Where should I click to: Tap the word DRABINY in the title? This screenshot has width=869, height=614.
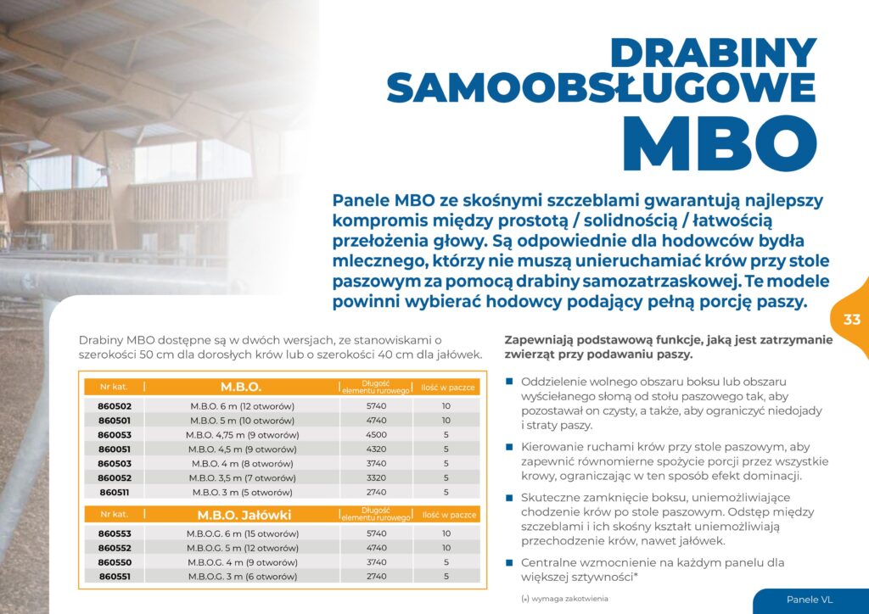pos(713,53)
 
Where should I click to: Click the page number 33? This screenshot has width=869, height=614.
pos(852,320)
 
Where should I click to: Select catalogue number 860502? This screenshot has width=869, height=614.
pos(114,406)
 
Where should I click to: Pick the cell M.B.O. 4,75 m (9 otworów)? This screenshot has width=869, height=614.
pos(242,435)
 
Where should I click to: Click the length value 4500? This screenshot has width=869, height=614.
pos(375,435)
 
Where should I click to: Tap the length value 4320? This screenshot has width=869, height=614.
pos(375,449)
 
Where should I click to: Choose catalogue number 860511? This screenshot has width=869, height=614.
pos(114,492)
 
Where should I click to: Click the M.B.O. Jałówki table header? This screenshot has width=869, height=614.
pos(244,515)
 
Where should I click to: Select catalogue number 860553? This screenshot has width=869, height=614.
pos(114,533)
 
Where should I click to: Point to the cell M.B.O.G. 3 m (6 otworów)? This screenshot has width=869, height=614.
pos(242,577)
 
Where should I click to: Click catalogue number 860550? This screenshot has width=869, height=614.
pos(114,562)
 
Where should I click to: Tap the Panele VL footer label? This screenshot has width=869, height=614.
pos(809,600)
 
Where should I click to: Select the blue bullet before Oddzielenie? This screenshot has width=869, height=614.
pos(509,382)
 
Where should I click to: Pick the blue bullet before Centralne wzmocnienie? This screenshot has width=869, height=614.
pos(509,562)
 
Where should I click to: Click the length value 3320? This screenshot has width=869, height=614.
pos(375,477)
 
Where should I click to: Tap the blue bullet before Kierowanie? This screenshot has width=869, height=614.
pos(509,446)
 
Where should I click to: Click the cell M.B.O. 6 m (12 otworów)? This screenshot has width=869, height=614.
pos(242,406)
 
